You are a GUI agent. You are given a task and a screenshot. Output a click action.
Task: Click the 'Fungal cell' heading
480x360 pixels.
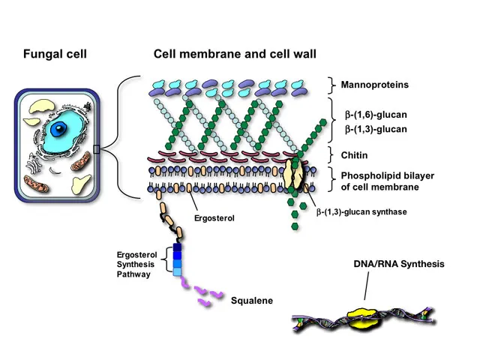point(55,54)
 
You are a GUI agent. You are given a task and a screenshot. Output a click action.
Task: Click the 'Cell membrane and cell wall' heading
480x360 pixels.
point(235,54)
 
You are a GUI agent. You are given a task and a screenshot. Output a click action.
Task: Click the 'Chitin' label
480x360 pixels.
point(358,155)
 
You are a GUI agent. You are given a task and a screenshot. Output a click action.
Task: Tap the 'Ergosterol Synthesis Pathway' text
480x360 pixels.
point(135,264)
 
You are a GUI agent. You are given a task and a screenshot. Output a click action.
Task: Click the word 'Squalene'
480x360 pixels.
point(252,301)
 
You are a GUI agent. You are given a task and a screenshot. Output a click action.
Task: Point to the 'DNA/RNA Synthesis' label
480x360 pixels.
point(399,264)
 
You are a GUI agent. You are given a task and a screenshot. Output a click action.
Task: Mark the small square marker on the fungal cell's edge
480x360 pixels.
point(96,149)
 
